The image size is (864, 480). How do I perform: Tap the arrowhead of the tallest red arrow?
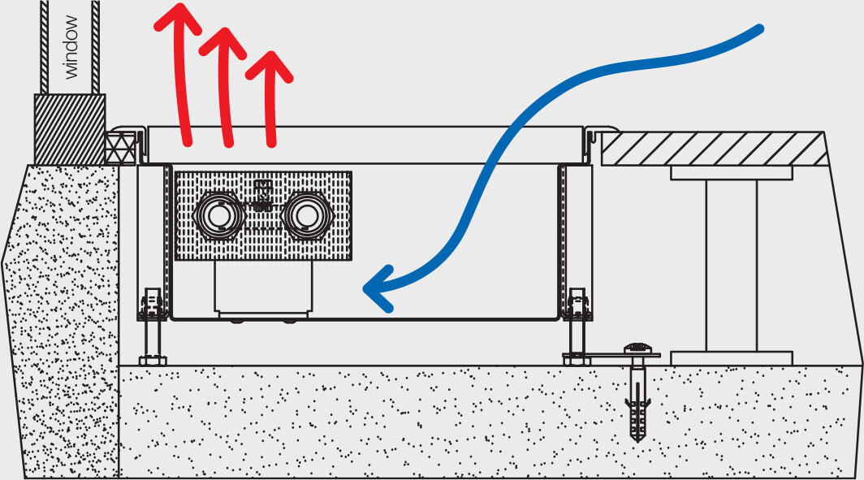(177, 18)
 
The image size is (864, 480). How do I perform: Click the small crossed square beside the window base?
(119, 148)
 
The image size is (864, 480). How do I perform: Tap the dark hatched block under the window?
(70, 128)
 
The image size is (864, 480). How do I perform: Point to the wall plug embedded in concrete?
(638, 410)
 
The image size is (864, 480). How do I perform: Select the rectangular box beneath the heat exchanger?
(263, 289)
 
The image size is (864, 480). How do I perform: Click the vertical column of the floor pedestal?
(731, 264)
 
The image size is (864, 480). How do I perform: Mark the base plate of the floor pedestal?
(731, 358)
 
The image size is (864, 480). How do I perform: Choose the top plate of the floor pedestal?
(731, 173)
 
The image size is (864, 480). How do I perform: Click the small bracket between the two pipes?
(261, 195)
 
